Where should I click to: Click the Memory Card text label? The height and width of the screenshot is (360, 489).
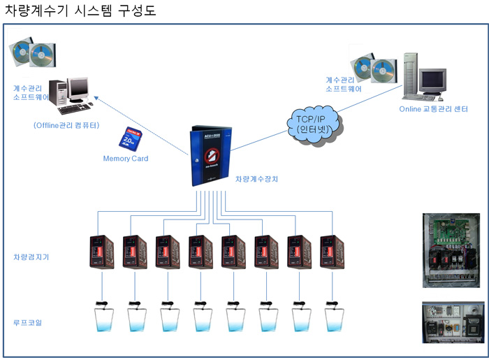pyautogui.click(x=126, y=159)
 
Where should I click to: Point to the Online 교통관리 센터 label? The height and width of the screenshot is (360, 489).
pyautogui.click(x=433, y=109)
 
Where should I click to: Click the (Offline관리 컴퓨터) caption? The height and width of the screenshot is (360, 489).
pyautogui.click(x=66, y=126)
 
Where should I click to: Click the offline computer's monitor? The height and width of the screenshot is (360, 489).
pyautogui.click(x=78, y=88)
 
